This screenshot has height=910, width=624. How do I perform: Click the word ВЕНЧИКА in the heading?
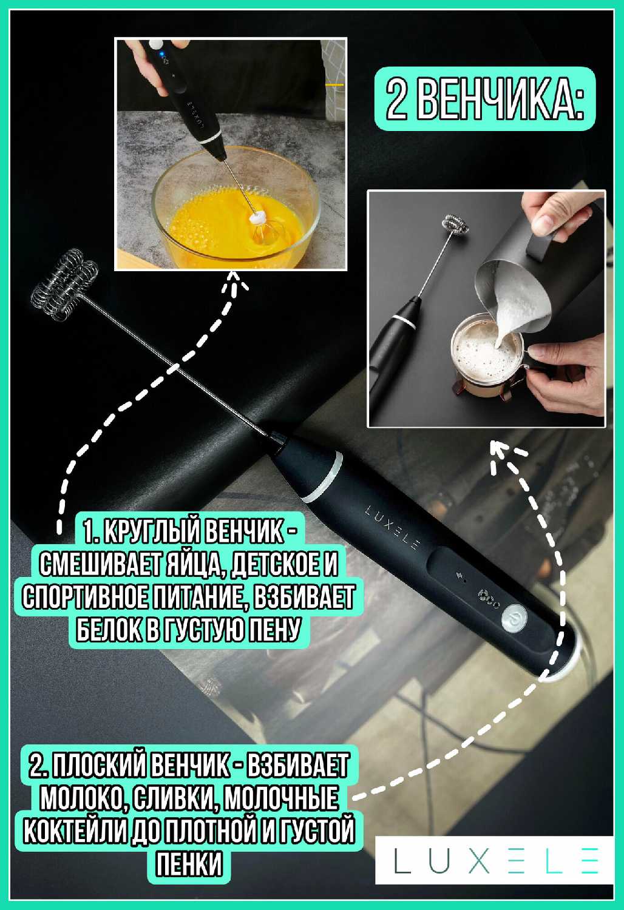pyautogui.click(x=501, y=99)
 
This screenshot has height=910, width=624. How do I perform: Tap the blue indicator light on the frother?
pyautogui.click(x=161, y=54)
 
